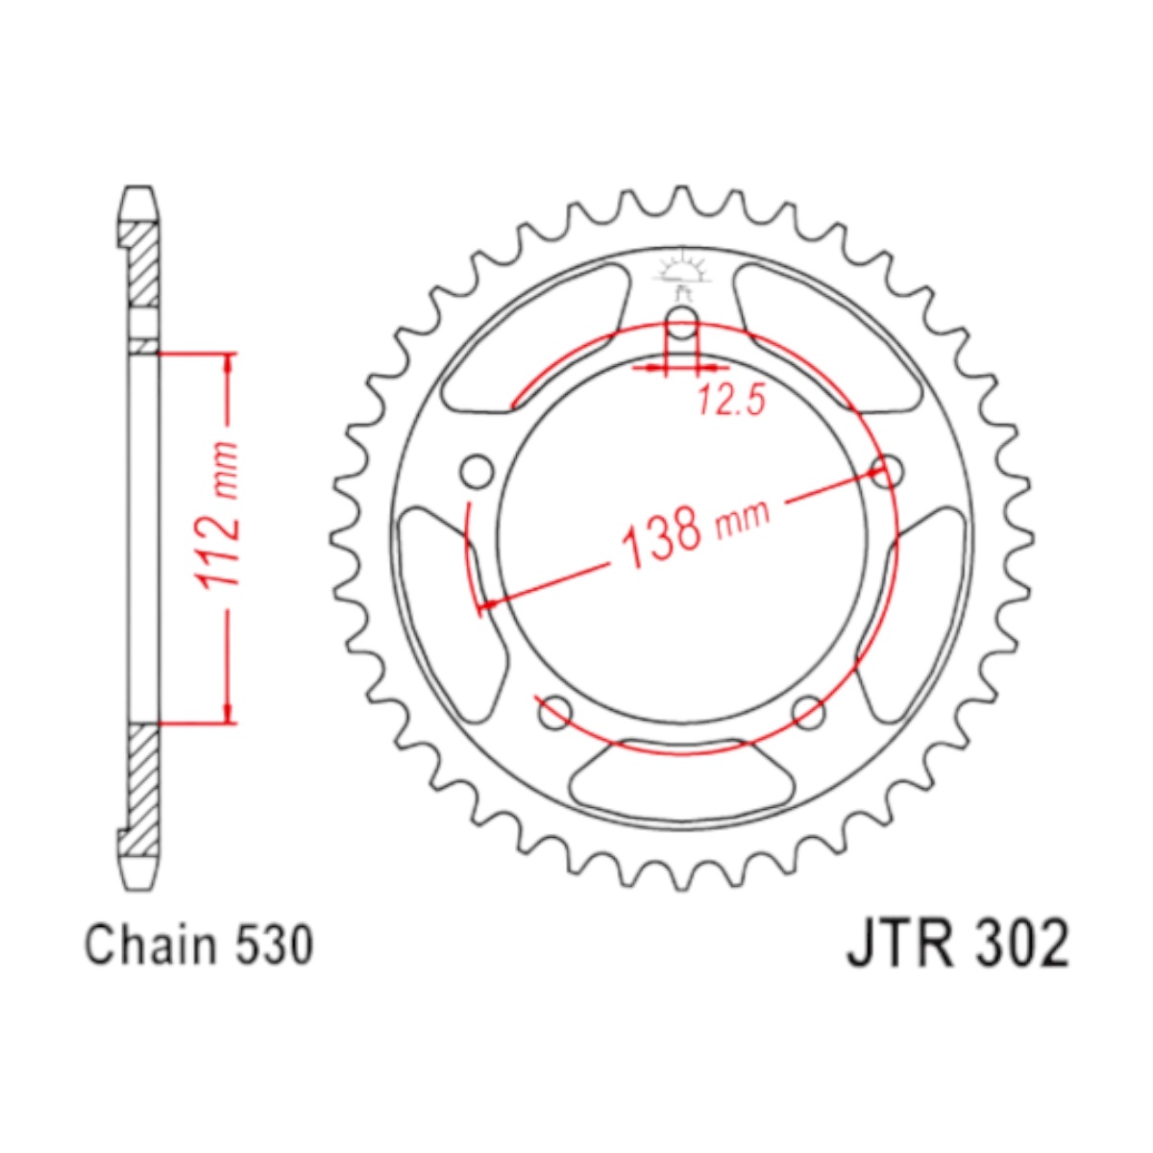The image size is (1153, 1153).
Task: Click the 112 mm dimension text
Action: (219, 517)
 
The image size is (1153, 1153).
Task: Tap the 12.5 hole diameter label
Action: (731, 400)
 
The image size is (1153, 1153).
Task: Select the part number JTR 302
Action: (957, 945)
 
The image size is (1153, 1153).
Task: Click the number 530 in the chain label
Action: (275, 944)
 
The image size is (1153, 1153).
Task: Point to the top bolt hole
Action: (681, 321)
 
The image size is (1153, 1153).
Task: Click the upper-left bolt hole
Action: (478, 472)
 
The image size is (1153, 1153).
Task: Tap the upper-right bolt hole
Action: (886, 472)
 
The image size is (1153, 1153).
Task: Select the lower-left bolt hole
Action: (555, 712)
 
